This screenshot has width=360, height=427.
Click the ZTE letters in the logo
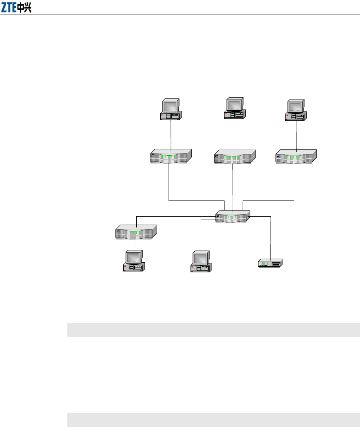[9, 8]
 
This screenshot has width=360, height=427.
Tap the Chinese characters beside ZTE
[24, 8]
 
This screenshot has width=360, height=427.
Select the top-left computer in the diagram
[170, 109]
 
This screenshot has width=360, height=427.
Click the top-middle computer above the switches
[235, 108]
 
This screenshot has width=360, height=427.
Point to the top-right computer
[296, 109]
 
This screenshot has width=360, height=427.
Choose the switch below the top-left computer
[171, 156]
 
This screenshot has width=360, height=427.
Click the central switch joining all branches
[233, 216]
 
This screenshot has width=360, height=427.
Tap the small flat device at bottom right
[270, 263]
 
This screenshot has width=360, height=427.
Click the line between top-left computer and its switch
[171, 134]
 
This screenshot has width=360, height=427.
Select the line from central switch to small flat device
[271, 236]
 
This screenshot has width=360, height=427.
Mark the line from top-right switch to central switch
[295, 185]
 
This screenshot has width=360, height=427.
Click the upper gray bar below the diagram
[213, 330]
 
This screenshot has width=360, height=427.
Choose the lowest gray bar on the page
[213, 420]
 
